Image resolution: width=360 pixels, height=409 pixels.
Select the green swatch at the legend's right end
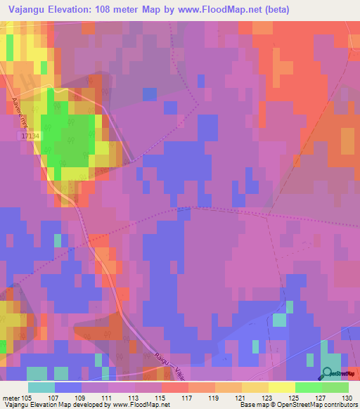click(x=335, y=387)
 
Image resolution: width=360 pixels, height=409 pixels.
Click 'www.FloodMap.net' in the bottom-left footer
click(x=141, y=405)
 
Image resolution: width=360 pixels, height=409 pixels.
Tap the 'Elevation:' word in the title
click(x=77, y=9)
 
